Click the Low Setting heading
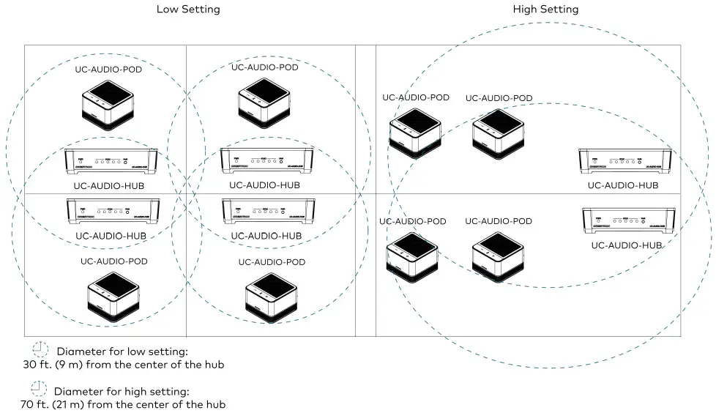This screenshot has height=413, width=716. pyautogui.click(x=188, y=10)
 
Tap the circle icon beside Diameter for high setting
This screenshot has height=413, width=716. pyautogui.click(x=39, y=389)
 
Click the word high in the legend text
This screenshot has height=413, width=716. pyautogui.click(x=140, y=392)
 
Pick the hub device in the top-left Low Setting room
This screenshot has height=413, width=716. pyautogui.click(x=111, y=159)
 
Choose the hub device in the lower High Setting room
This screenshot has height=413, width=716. pyautogui.click(x=629, y=220)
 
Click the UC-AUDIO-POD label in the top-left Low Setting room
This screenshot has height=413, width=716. pyautogui.click(x=108, y=70)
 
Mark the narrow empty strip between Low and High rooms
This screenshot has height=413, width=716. pyautogui.click(x=365, y=190)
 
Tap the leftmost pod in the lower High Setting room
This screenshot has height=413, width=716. pyautogui.click(x=412, y=257)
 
